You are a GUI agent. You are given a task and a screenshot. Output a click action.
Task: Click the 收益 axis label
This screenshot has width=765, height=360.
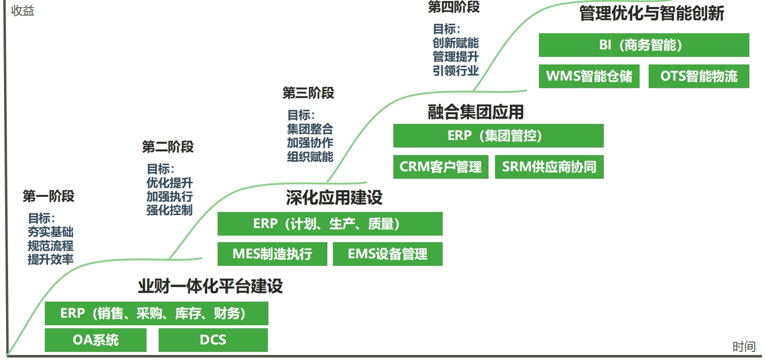pos(23,11)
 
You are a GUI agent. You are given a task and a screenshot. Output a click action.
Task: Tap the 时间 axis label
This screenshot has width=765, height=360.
pos(744,347)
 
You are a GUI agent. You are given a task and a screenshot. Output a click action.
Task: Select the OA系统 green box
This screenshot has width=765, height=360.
pos(96,340)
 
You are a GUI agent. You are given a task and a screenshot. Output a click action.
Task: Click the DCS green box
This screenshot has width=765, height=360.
pos(213,340)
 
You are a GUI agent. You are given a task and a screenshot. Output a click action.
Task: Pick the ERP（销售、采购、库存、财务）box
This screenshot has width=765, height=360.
pos(157,313)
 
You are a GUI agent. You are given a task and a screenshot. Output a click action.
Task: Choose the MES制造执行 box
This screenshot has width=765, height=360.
pos(272,254)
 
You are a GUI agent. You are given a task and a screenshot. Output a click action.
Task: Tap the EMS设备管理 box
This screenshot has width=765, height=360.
pos(388,254)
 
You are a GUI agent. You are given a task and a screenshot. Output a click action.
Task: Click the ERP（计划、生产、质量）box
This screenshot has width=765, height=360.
pos(330,224)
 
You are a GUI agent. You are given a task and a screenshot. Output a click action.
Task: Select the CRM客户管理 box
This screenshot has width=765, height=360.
pos(441,167)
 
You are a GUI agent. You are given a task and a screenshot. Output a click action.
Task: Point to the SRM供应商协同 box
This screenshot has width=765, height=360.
pos(549,167)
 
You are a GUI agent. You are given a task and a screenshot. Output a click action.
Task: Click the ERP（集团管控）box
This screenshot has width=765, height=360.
pos(498,135)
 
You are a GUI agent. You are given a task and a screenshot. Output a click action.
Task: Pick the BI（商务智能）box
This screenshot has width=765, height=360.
pos(644,45)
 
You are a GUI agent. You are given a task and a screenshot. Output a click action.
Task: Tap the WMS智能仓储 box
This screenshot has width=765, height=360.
pos(589,76)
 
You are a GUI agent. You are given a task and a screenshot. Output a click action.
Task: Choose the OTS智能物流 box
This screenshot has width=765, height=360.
pos(699,76)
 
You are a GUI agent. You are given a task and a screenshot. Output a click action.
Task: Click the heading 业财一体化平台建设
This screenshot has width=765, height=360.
pos(211,286)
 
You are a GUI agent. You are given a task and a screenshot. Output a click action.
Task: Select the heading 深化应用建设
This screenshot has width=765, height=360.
pos(334,197)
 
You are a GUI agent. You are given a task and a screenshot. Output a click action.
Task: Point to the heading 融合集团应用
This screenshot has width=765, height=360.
pos(475,112)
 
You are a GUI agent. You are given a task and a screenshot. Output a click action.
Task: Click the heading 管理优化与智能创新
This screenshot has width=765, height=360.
pos(652,13)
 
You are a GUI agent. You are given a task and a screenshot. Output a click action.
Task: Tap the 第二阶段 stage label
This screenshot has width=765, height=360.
pos(168,147)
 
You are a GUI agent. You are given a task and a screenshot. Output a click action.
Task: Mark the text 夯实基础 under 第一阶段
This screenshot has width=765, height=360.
pos(50,232)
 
